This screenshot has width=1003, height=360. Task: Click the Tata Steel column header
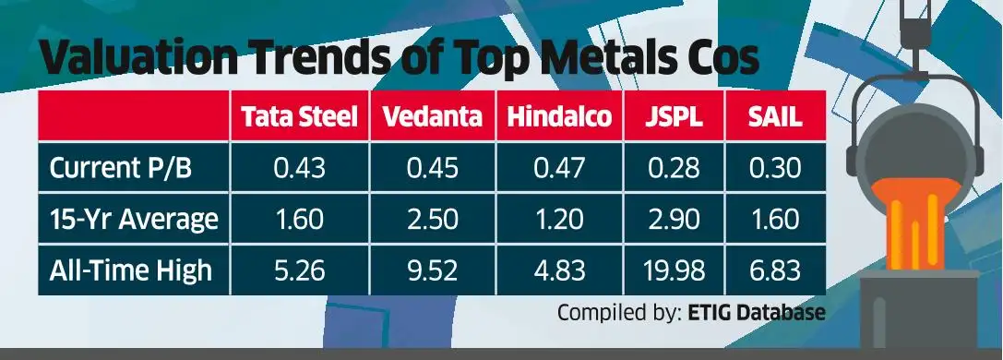[298, 117]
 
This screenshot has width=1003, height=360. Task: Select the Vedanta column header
[432, 117]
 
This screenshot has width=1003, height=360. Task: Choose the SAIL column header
[774, 117]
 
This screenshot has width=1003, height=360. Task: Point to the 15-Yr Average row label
[134, 220]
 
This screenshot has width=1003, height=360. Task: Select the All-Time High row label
[130, 270]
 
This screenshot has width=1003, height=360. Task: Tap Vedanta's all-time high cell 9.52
[432, 270]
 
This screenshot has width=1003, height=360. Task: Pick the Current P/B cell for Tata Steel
[298, 169]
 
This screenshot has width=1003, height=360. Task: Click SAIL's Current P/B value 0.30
[774, 169]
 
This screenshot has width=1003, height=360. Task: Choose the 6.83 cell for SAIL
[774, 270]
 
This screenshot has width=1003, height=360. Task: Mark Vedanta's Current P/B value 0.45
[432, 169]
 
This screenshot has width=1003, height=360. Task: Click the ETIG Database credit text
[757, 313]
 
